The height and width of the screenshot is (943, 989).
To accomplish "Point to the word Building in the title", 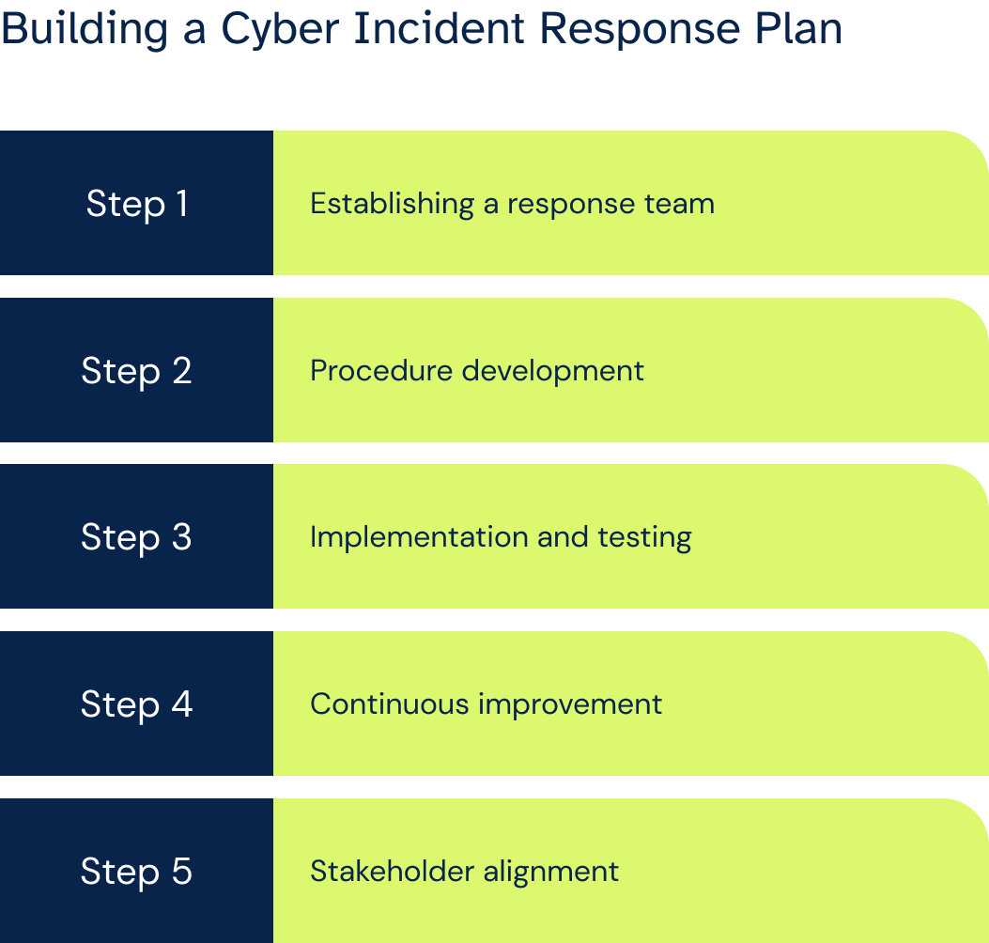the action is click(x=85, y=31).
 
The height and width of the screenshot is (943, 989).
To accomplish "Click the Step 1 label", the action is click(x=137, y=204).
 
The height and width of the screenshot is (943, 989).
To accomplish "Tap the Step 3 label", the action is click(x=136, y=537).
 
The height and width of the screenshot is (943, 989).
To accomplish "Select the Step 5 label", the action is click(x=136, y=871).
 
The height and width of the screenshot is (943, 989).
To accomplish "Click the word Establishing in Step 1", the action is click(x=393, y=205).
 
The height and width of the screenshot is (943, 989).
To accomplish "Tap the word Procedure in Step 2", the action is click(x=381, y=370).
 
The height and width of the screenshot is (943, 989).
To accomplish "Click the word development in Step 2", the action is click(x=553, y=371).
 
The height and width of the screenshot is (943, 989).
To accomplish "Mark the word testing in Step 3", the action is click(x=644, y=538).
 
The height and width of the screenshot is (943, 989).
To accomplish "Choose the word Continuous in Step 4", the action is click(x=390, y=703).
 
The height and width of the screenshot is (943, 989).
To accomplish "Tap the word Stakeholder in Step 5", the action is click(x=393, y=871).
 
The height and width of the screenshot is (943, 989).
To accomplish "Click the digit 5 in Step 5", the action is click(x=181, y=871).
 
